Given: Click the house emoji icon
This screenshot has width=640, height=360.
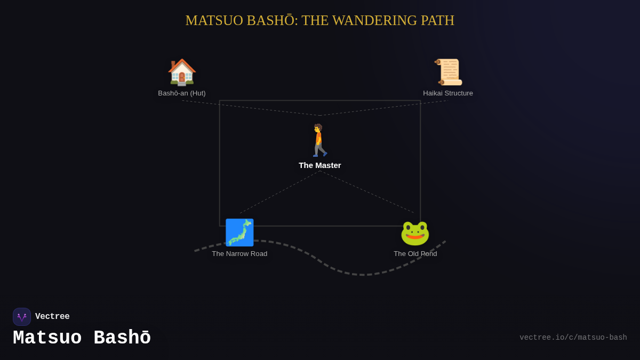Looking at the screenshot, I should tap(182, 72).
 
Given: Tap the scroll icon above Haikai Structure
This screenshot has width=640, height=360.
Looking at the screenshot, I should tap(448, 72).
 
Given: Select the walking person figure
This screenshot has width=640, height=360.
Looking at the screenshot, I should tap(319, 140).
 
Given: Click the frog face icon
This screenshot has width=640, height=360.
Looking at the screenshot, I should tap(415, 233).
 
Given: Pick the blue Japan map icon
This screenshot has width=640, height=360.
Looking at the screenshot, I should tap(239, 233).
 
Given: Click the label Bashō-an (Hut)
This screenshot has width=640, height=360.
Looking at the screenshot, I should tap(182, 93).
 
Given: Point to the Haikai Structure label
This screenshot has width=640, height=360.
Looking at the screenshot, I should tap(448, 93).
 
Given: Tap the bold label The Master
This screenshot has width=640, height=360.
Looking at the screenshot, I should tap(320, 165).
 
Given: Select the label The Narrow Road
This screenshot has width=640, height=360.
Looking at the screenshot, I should tap(239, 254).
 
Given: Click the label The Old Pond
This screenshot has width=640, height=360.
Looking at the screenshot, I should tap(415, 254).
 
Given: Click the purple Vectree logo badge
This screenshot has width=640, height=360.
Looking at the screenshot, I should tap(22, 317).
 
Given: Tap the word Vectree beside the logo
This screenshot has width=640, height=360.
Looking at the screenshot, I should tap(52, 317).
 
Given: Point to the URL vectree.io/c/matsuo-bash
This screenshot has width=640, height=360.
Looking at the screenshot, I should tap(573, 338).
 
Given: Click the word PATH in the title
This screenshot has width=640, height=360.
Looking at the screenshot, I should tap(437, 21).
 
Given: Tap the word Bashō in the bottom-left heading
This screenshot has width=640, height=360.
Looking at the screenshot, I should tap(122, 338).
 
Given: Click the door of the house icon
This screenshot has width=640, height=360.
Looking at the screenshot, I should tap(182, 79).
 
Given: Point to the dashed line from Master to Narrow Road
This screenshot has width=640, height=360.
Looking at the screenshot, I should tap(279, 192).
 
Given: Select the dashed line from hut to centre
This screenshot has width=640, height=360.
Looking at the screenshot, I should tap(251, 108).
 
